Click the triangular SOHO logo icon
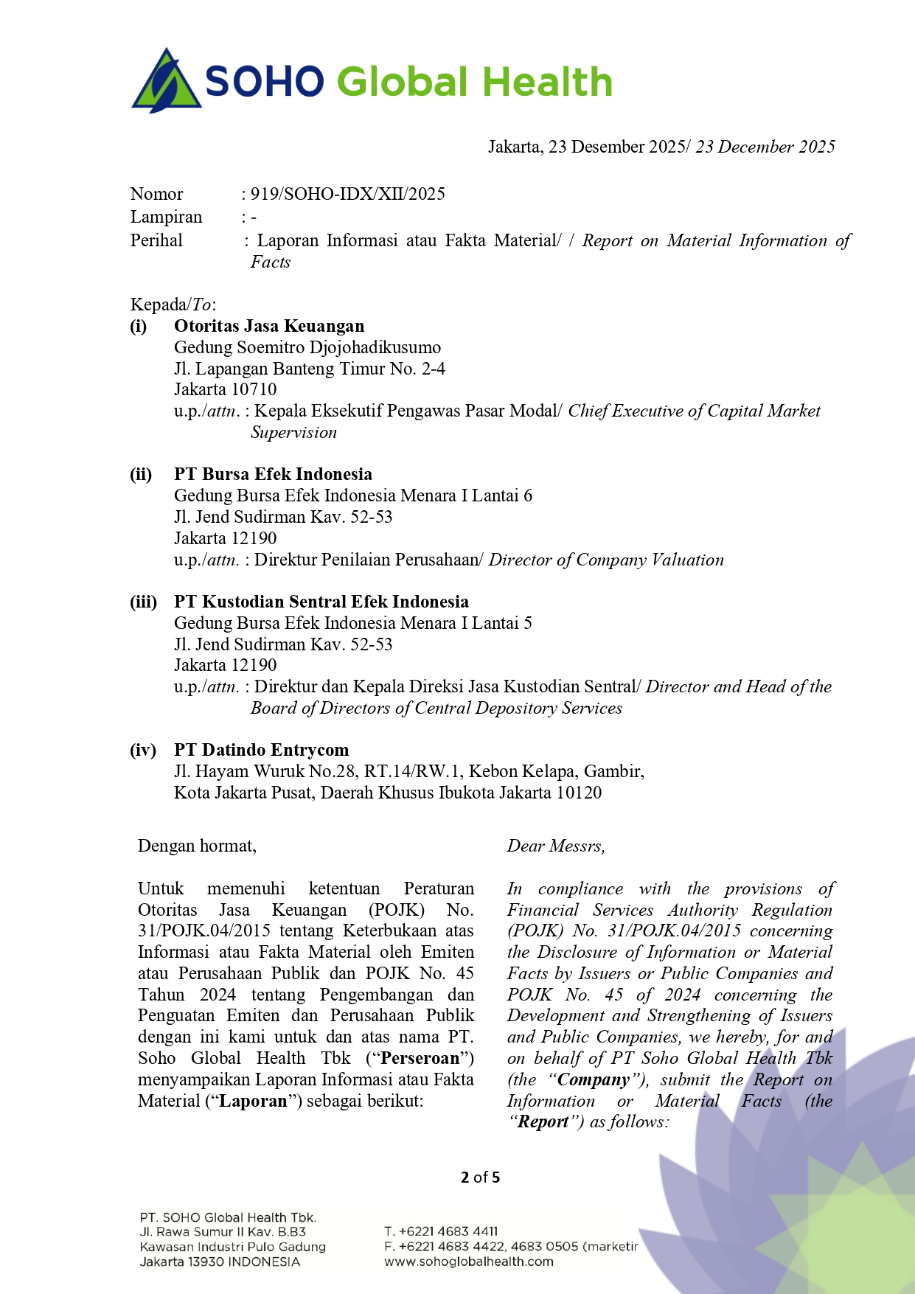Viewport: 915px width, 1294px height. click(167, 81)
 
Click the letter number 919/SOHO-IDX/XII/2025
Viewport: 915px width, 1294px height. click(347, 194)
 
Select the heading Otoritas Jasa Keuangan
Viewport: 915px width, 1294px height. click(269, 326)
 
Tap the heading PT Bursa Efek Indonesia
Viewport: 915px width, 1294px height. click(273, 474)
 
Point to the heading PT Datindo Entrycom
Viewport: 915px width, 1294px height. click(261, 750)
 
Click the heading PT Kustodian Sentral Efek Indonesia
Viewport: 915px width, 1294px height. click(321, 602)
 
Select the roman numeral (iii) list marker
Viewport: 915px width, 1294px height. click(143, 602)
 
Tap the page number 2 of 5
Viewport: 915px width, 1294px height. click(480, 1177)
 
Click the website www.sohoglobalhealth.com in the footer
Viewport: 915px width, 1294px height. click(468, 1262)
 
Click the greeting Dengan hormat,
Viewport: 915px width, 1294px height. click(197, 846)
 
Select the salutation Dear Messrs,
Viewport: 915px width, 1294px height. click(555, 846)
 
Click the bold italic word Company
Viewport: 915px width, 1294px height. click(594, 1079)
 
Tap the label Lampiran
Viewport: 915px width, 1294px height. click(166, 217)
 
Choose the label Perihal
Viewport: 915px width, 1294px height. click(156, 240)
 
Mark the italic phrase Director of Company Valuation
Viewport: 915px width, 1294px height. click(606, 560)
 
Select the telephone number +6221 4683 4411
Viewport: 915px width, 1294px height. click(448, 1231)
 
